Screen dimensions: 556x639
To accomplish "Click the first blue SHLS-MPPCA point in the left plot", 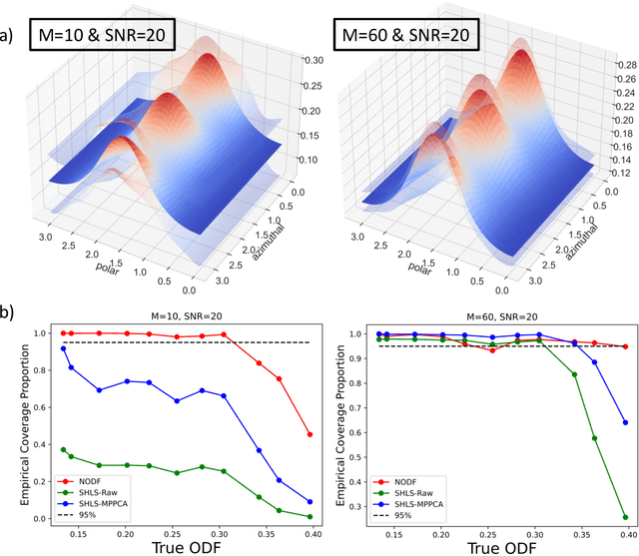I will [x=64, y=348].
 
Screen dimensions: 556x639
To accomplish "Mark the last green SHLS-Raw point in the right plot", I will [x=626, y=517].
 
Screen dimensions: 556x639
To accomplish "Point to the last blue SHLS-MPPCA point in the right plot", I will [x=626, y=422].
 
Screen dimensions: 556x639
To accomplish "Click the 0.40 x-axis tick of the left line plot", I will [x=310, y=535].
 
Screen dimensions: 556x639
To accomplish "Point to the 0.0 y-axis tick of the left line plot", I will [x=41, y=519].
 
